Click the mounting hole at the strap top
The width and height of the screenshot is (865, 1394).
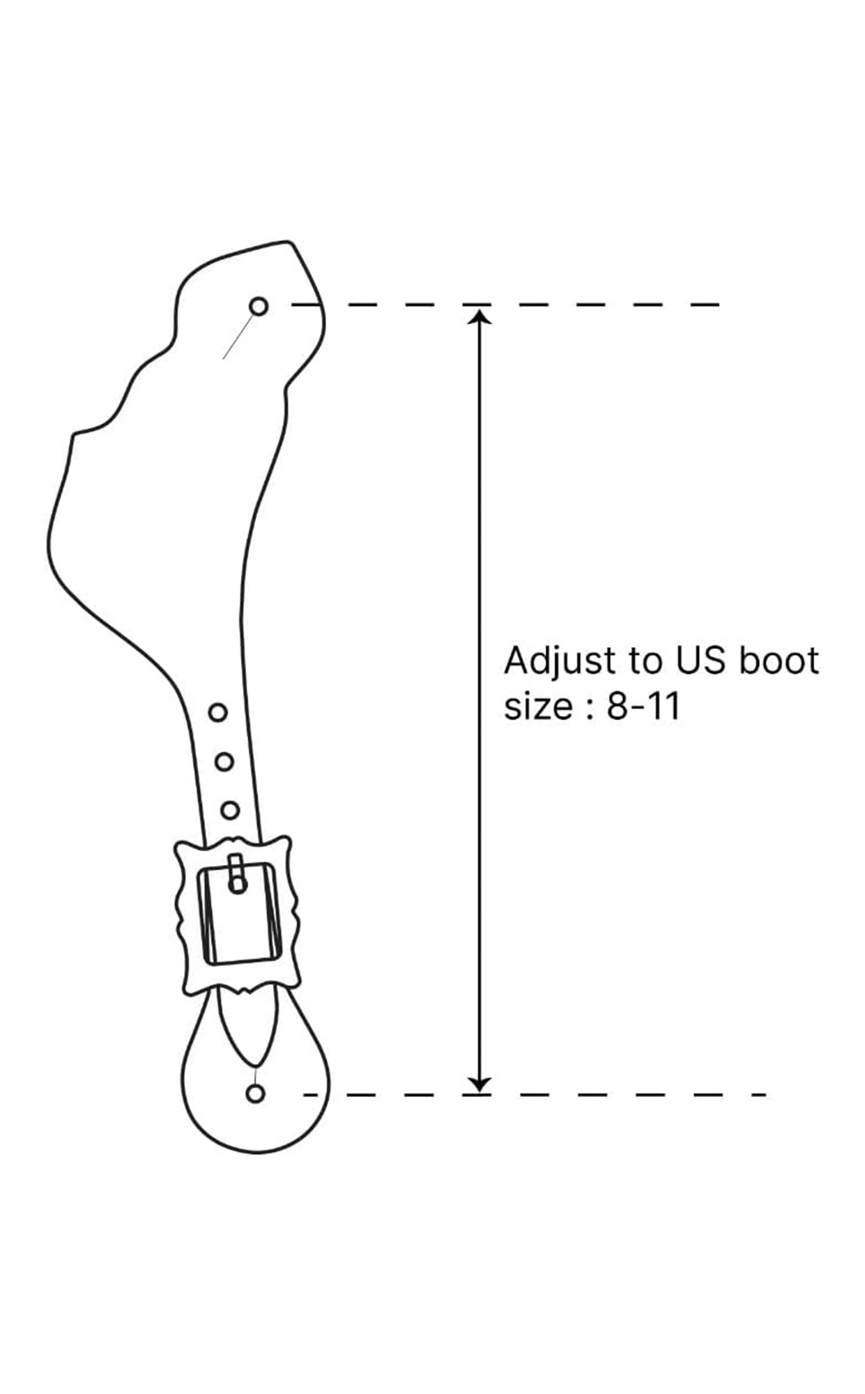[x=259, y=306]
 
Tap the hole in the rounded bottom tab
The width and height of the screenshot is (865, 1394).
[x=256, y=1094]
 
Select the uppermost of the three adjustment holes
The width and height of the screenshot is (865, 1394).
[x=217, y=712]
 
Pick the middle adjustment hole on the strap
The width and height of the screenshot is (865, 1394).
[x=224, y=762]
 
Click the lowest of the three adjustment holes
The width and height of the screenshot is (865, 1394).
[x=230, y=811]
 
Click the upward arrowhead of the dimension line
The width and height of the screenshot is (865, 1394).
[x=479, y=317]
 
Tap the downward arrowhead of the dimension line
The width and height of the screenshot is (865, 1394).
[x=479, y=1084]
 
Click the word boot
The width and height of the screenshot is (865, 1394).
[x=779, y=660]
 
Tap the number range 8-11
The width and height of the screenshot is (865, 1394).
[x=643, y=707]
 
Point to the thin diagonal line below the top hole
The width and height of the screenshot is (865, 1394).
[x=237, y=337]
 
